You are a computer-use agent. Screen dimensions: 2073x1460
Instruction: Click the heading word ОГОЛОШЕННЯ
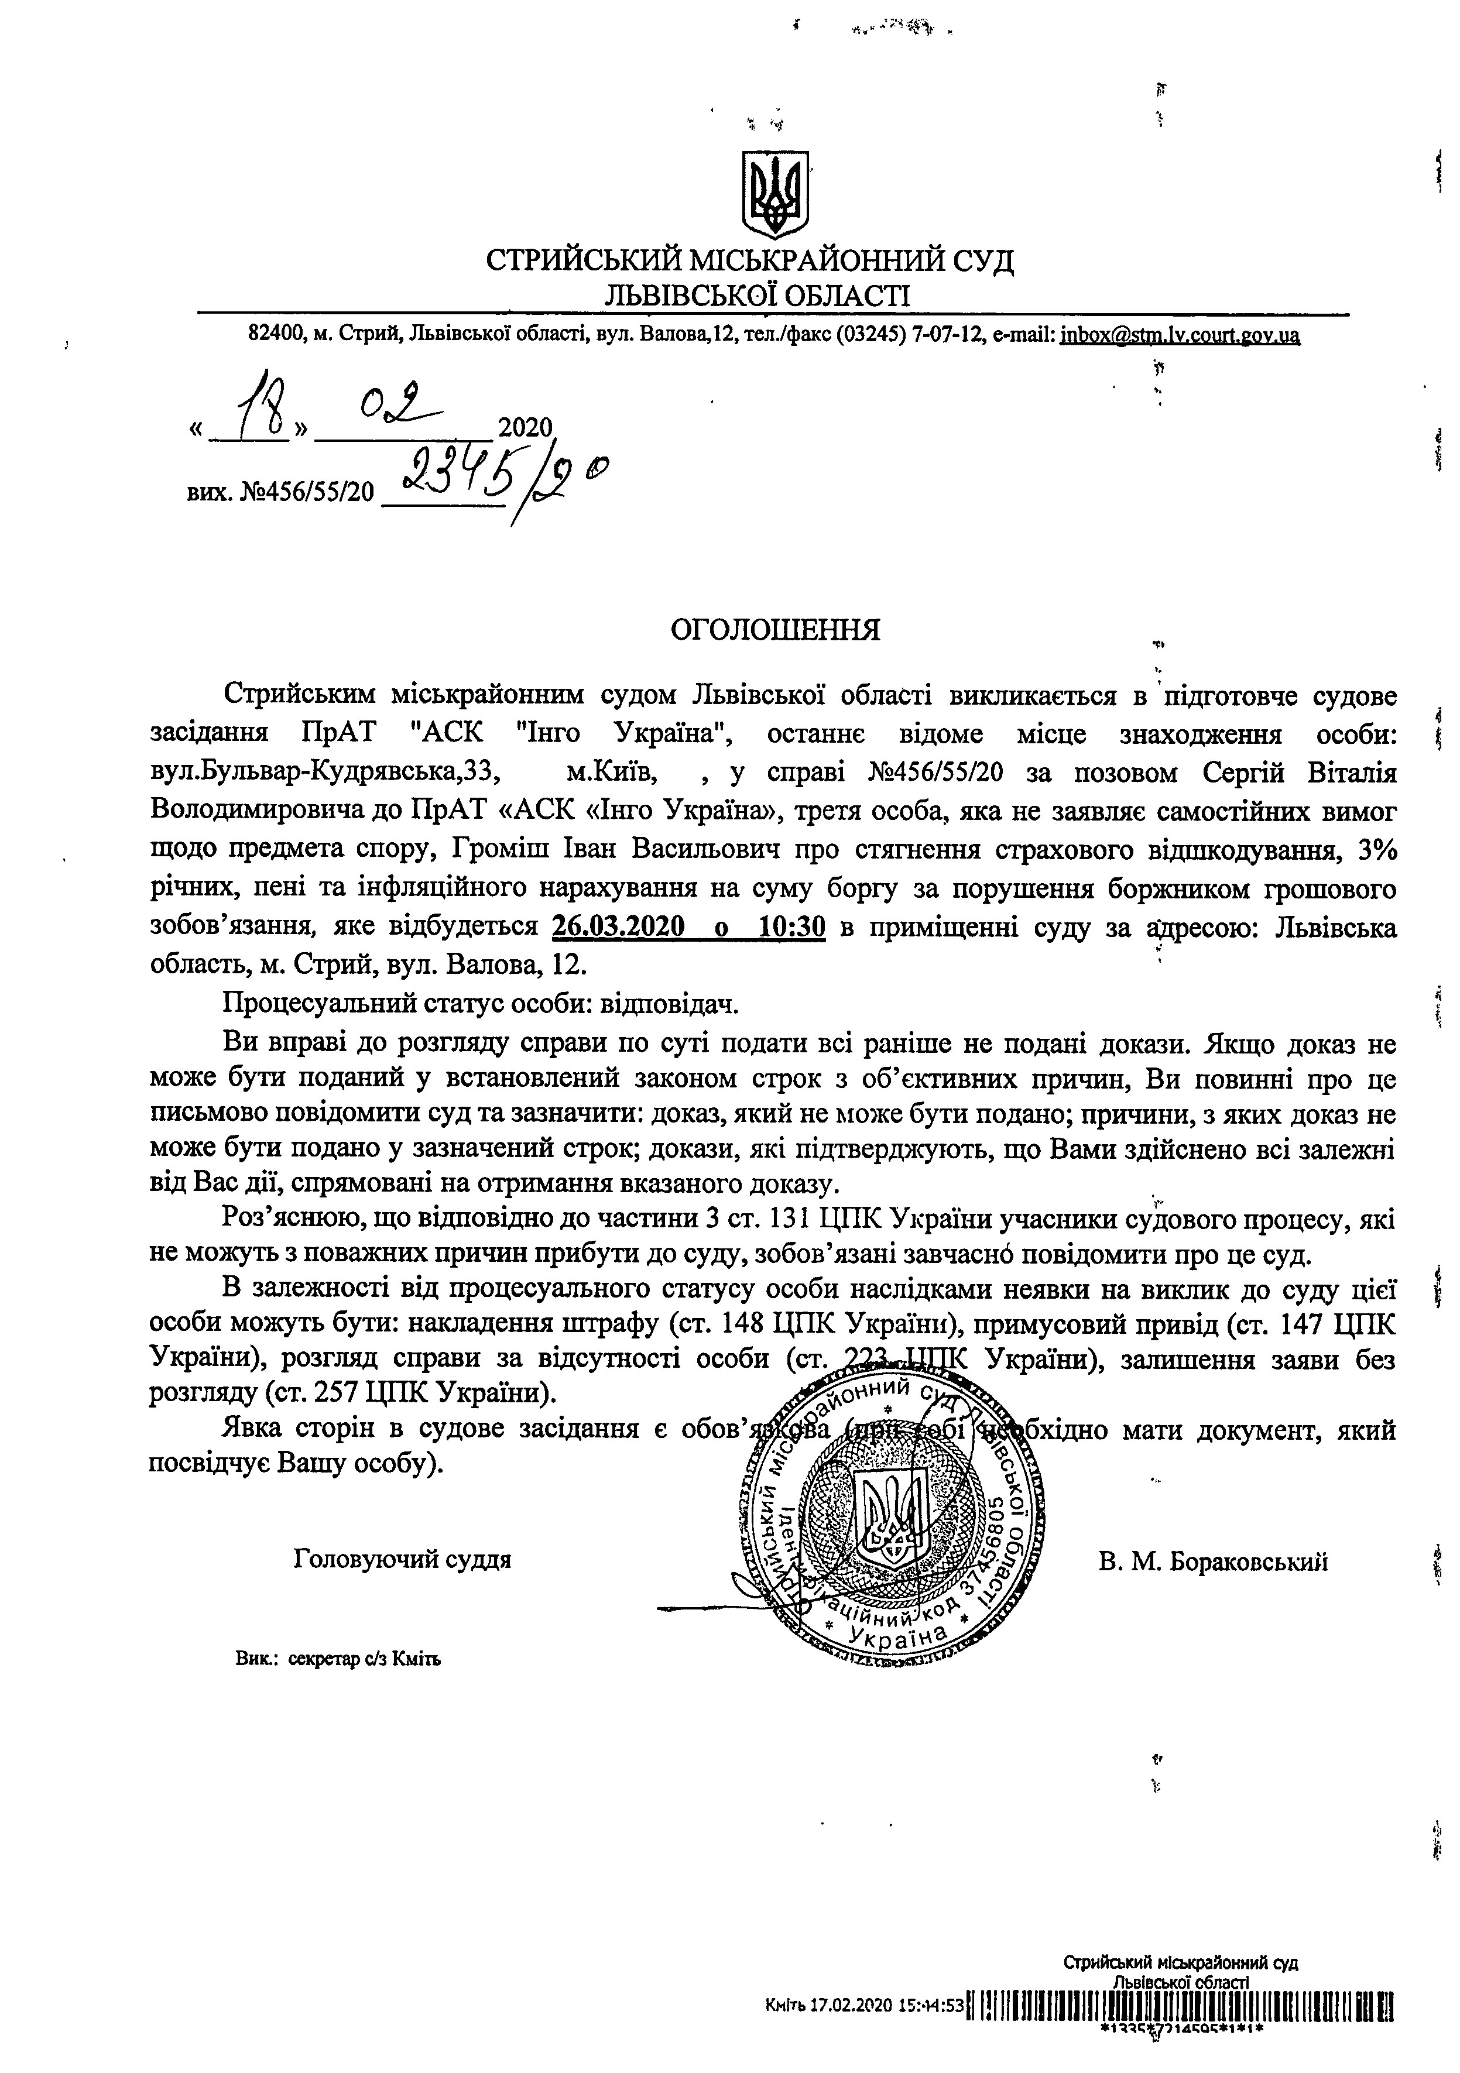point(774,629)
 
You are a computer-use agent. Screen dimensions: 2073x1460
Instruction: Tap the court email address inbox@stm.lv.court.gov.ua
point(1180,336)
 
